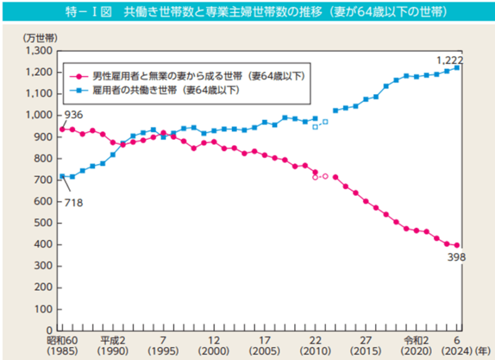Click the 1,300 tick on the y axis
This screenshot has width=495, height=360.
38,51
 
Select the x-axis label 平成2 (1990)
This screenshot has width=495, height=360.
112,346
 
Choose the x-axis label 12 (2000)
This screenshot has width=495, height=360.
213,346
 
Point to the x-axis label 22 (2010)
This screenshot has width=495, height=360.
314,346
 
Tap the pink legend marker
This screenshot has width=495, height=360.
78,75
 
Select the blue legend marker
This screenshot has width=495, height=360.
78,90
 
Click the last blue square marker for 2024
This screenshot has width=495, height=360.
457,68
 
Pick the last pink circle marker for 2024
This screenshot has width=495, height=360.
457,245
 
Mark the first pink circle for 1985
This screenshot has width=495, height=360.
62,129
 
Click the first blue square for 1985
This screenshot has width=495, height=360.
62,176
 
